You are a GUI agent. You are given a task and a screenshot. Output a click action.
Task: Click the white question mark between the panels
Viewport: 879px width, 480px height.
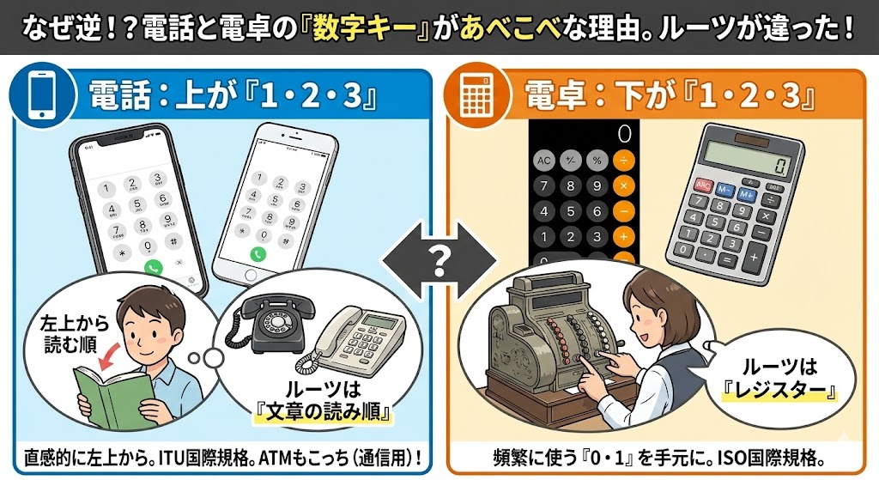tap(439, 260)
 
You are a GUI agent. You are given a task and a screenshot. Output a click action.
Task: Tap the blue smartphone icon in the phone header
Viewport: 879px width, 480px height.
tap(43, 95)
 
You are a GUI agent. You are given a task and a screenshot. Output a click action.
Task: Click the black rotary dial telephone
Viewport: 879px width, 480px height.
tap(271, 325)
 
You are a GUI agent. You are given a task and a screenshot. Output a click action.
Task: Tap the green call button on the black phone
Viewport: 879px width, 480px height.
tap(153, 267)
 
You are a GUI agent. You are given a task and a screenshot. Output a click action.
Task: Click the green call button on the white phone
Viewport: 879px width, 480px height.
tap(258, 254)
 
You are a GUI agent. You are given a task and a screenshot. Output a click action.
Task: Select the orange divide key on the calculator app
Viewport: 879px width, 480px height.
tap(623, 161)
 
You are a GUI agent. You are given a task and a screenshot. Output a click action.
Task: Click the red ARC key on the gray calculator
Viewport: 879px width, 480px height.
tap(702, 185)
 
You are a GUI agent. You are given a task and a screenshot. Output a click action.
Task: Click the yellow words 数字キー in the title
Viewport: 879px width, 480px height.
tap(367, 28)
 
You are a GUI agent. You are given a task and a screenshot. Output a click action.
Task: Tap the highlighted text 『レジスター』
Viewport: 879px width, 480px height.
tap(779, 390)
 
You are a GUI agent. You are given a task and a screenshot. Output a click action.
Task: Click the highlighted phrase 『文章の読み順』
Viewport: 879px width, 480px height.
tap(323, 411)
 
